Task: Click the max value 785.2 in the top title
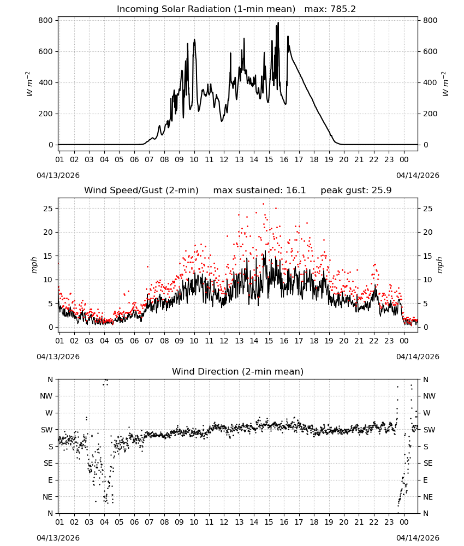coord(342,9)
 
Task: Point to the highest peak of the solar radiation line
coord(278,22)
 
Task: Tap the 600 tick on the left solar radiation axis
coord(46,51)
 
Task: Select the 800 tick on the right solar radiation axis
coord(430,21)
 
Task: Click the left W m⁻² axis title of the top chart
coord(29,84)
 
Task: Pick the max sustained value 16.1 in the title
coord(296,191)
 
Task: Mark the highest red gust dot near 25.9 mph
coord(263,204)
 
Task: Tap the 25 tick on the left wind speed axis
coord(48,209)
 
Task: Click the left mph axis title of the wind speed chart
coord(34,265)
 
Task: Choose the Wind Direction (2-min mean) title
coord(238,371)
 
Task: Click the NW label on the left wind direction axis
coord(46,396)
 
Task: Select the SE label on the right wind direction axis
coord(428,464)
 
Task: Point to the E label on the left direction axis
coord(50,480)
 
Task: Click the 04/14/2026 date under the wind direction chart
coord(418,538)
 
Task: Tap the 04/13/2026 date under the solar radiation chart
coord(58,175)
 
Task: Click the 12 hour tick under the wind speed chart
coord(224,341)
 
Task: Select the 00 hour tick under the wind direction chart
coord(404,522)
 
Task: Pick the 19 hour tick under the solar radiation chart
coord(329,159)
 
